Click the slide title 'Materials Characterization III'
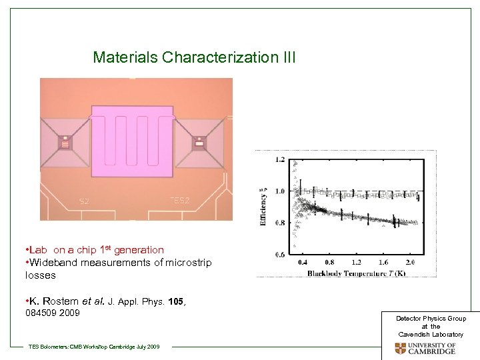(194, 57)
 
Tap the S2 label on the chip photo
(85, 201)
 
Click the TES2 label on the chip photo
(180, 200)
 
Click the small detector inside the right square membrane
(199, 142)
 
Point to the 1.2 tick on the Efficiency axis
(279, 159)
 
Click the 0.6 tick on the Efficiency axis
(279, 254)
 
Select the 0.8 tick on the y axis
(279, 223)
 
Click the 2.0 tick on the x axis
(409, 263)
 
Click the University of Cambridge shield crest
(400, 348)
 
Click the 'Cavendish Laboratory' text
(431, 333)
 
